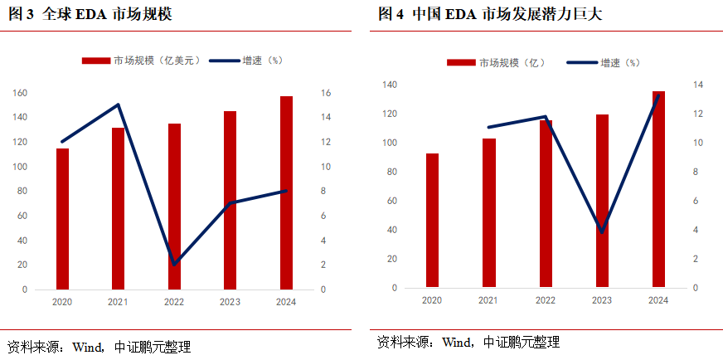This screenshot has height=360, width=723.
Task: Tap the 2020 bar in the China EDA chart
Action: point(432,221)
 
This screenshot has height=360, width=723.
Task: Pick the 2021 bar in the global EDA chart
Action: point(119,208)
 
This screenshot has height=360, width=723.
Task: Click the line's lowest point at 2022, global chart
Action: point(174,264)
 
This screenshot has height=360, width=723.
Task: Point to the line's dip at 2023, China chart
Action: point(602,231)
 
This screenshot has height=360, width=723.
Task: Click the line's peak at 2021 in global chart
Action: point(119,105)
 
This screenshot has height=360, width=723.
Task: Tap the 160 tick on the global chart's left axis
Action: point(20,93)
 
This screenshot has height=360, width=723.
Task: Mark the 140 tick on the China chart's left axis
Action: point(390,85)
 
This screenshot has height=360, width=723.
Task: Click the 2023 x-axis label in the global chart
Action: point(230,303)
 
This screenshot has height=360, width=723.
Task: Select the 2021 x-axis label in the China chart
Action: point(488,300)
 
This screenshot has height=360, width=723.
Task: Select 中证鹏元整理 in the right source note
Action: point(522,342)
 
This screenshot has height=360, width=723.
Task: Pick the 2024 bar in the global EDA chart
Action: point(286,192)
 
